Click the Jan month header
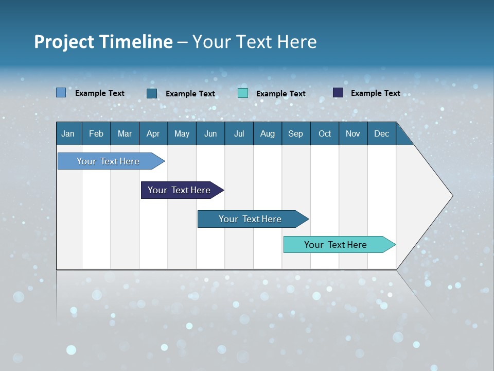pyautogui.click(x=68, y=133)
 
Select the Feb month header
pyautogui.click(x=96, y=133)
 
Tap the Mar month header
pyautogui.click(x=125, y=133)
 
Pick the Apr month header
pyautogui.click(x=153, y=133)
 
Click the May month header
pyautogui.click(x=182, y=133)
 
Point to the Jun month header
pyautogui.click(x=210, y=133)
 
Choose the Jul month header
pyautogui.click(x=239, y=133)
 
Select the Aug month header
pyautogui.click(x=267, y=133)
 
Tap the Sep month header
pyautogui.click(x=295, y=133)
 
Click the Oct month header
pyautogui.click(x=325, y=133)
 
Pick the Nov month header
pyautogui.click(x=353, y=133)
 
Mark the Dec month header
pyautogui.click(x=381, y=133)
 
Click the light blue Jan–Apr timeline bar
pyautogui.click(x=109, y=161)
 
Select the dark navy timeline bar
pyautogui.click(x=180, y=190)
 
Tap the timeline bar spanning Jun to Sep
pyautogui.click(x=251, y=219)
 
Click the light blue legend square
pyautogui.click(x=61, y=93)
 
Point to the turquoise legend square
pyautogui.click(x=243, y=93)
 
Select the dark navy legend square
pyautogui.click(x=338, y=93)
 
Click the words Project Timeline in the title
pyautogui.click(x=103, y=42)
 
